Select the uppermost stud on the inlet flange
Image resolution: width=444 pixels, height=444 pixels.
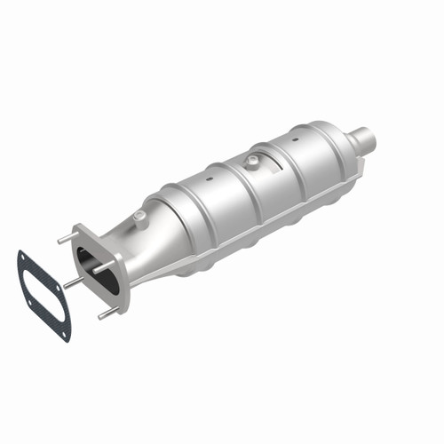63,237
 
